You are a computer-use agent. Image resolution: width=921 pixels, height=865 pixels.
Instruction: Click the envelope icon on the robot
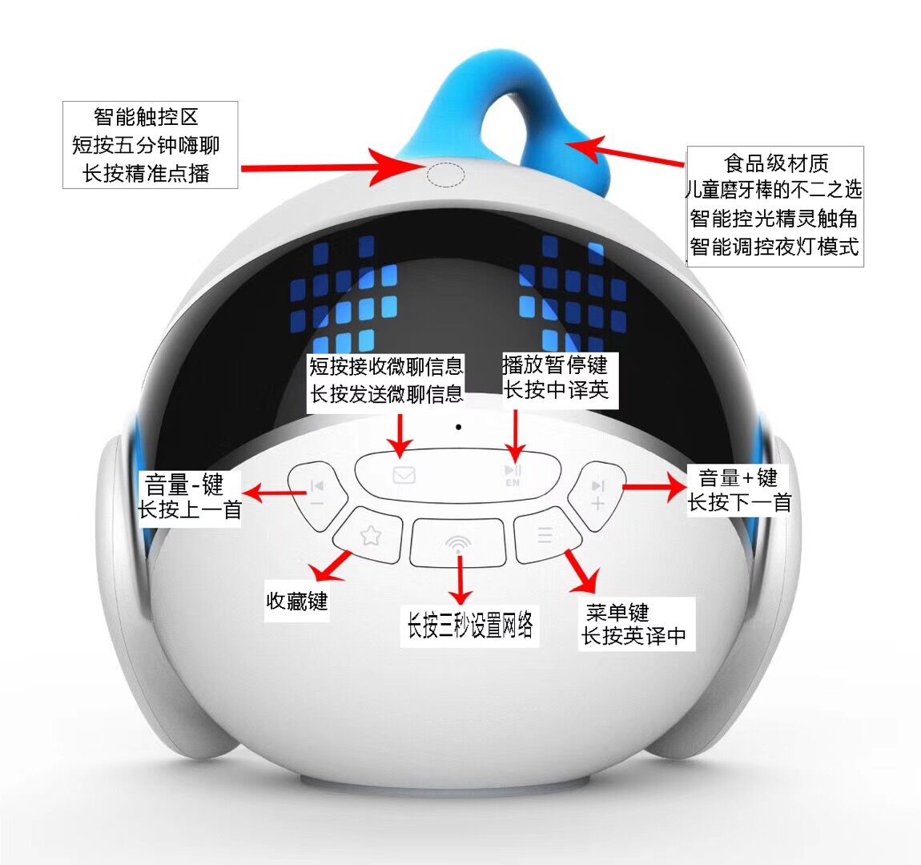click(404, 474)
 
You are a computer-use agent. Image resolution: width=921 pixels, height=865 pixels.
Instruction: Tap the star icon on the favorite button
click(371, 535)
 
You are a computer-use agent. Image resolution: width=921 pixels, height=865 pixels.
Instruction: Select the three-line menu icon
click(545, 535)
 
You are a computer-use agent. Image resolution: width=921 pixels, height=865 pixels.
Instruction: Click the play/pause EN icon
click(513, 474)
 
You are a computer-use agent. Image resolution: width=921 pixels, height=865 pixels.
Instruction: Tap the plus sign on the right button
click(597, 504)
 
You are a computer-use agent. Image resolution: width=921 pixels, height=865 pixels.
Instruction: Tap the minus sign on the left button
click(316, 504)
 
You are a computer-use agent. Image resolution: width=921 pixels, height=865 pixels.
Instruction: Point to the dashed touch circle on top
click(445, 175)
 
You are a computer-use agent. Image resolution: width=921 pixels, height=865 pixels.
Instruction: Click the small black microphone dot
click(458, 427)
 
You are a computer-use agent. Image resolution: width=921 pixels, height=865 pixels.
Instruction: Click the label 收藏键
click(296, 601)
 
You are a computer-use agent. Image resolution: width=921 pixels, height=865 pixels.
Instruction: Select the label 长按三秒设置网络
click(470, 624)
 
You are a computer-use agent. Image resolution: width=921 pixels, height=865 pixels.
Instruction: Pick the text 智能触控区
click(147, 117)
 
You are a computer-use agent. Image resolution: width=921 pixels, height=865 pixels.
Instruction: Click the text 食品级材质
click(776, 163)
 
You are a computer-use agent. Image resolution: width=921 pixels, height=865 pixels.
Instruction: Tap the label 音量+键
click(738, 477)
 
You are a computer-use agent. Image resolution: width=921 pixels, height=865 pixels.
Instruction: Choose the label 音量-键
click(184, 485)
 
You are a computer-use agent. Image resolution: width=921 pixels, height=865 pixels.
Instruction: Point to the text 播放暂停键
click(555, 364)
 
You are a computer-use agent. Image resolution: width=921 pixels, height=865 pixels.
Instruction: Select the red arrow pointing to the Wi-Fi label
click(460, 579)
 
